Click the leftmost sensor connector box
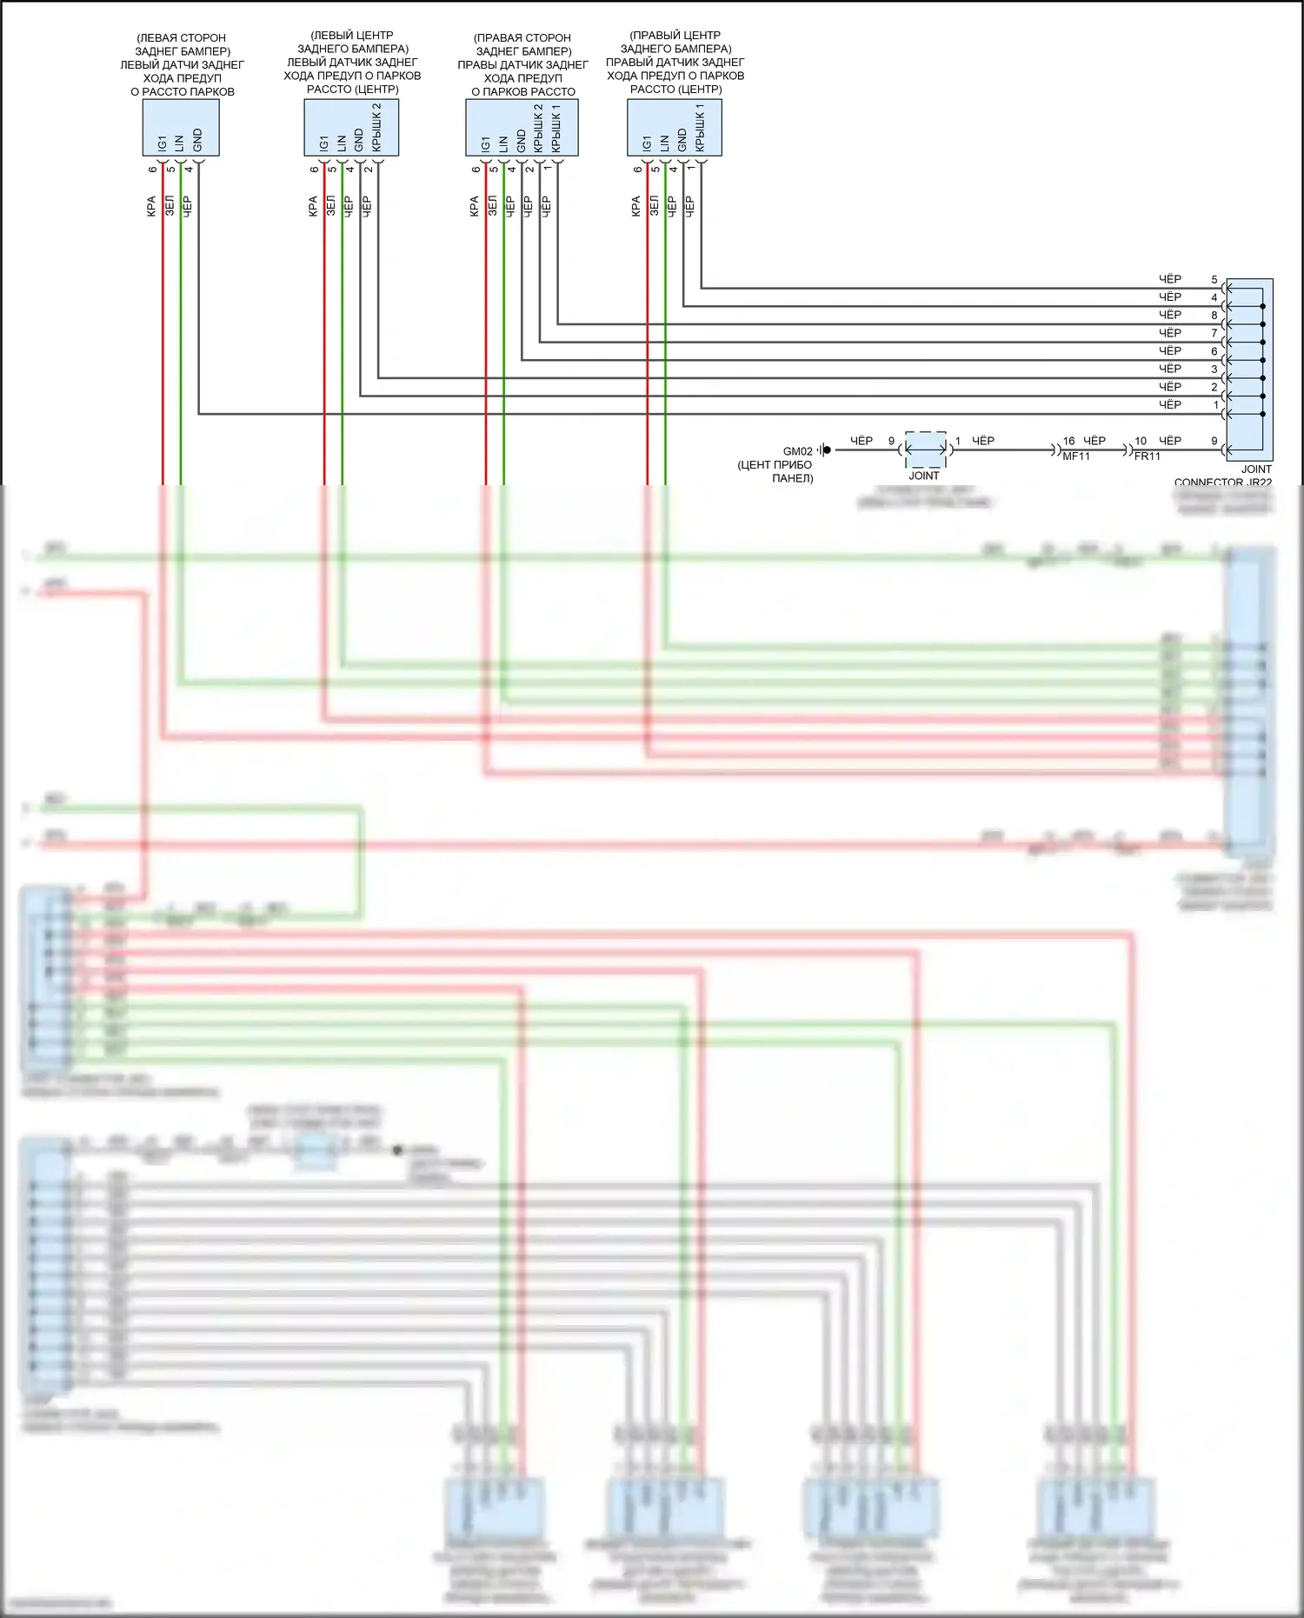click(x=181, y=128)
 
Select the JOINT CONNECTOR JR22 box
click(x=1249, y=369)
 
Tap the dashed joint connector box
click(x=925, y=449)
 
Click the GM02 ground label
click(x=797, y=451)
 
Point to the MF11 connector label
click(x=1076, y=456)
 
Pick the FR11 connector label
click(x=1148, y=456)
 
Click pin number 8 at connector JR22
click(x=1214, y=316)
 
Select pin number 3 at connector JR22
click(x=1214, y=370)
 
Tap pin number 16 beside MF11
click(x=1068, y=441)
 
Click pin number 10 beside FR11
click(x=1141, y=441)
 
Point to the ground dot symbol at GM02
click(x=827, y=449)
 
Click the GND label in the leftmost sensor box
click(x=197, y=140)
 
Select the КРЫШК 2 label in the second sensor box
click(x=376, y=127)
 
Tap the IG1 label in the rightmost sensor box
click(x=647, y=143)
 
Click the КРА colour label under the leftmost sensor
click(x=151, y=206)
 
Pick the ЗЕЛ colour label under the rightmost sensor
click(x=654, y=206)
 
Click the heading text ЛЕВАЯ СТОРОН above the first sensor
click(x=182, y=37)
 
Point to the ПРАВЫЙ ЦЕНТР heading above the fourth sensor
click(x=675, y=36)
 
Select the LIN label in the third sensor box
click(x=503, y=143)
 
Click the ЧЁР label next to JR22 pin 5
click(x=1170, y=279)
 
